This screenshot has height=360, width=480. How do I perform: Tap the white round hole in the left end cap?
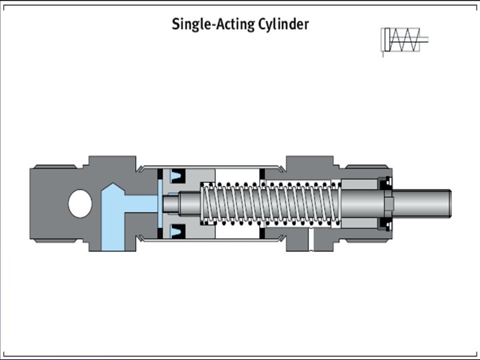81,203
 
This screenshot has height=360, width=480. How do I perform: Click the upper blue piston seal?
177,176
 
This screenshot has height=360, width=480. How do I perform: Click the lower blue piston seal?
177,231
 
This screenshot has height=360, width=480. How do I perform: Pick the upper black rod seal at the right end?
385,182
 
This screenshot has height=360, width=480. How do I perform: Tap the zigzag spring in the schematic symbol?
404,40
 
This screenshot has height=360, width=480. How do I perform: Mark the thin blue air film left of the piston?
161,203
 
